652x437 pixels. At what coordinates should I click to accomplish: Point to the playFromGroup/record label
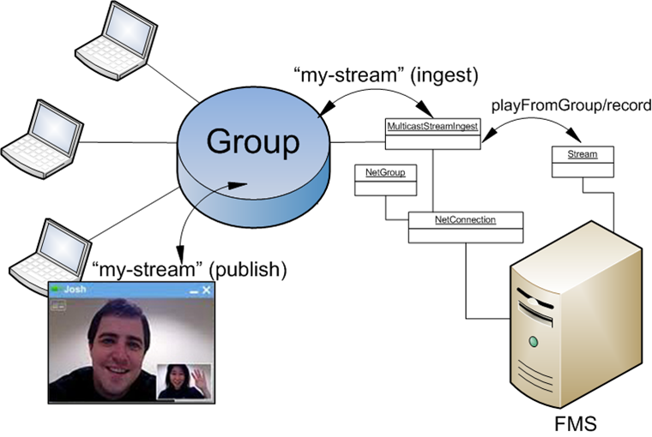(570, 105)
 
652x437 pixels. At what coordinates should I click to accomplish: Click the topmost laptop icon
(125, 39)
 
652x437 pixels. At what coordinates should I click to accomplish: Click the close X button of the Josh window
(206, 290)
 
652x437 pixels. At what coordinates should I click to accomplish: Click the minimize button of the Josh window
(193, 291)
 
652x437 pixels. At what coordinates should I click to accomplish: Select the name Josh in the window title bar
(75, 290)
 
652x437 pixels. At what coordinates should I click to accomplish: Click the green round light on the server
(533, 342)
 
